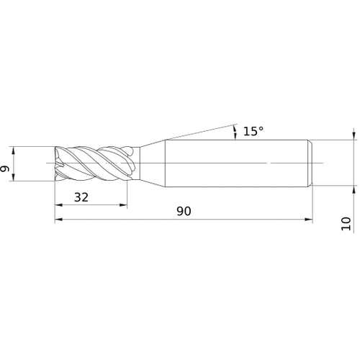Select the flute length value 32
click(x=81, y=197)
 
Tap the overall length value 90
click(x=184, y=212)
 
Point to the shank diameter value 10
click(x=347, y=223)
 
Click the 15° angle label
click(x=253, y=130)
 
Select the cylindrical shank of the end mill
click(x=238, y=164)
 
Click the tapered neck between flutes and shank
click(x=150, y=164)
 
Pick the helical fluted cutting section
click(x=94, y=164)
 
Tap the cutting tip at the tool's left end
click(x=58, y=164)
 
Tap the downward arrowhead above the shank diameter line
click(x=354, y=135)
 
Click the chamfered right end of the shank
click(x=311, y=164)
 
